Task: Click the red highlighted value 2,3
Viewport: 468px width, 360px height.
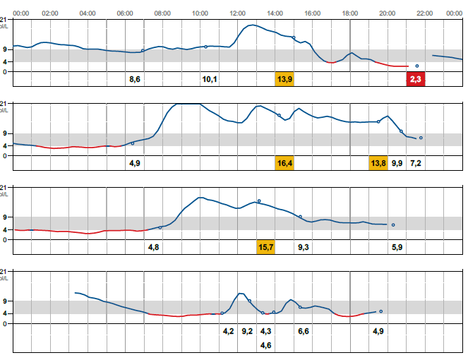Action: pos(416,79)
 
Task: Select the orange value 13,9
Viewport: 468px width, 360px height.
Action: pos(284,79)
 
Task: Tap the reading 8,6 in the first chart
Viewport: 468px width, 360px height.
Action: pos(135,79)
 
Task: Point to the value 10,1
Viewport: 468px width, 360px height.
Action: pos(210,79)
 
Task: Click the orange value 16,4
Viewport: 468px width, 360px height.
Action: pos(284,163)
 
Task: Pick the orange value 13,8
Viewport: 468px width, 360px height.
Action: pos(378,163)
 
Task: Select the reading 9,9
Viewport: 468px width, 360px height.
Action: pos(397,163)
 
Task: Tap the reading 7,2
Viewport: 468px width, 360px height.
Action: pos(416,163)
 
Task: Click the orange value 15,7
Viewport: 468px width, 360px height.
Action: pos(266,247)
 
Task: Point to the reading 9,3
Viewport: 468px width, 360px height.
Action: pos(304,247)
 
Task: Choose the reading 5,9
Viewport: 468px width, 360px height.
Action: pos(397,247)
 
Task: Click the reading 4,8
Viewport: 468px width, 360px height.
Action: pos(153,247)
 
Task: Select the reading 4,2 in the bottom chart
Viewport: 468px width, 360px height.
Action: pos(228,331)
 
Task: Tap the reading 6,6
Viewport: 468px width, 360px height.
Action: pos(304,331)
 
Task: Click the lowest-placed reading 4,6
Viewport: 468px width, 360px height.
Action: pos(266,345)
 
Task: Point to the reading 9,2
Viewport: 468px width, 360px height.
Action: pos(247,331)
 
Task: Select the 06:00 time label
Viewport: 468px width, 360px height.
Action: pos(125,13)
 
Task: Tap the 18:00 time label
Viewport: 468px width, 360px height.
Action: pos(349,13)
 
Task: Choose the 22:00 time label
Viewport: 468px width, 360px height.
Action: pos(424,13)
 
